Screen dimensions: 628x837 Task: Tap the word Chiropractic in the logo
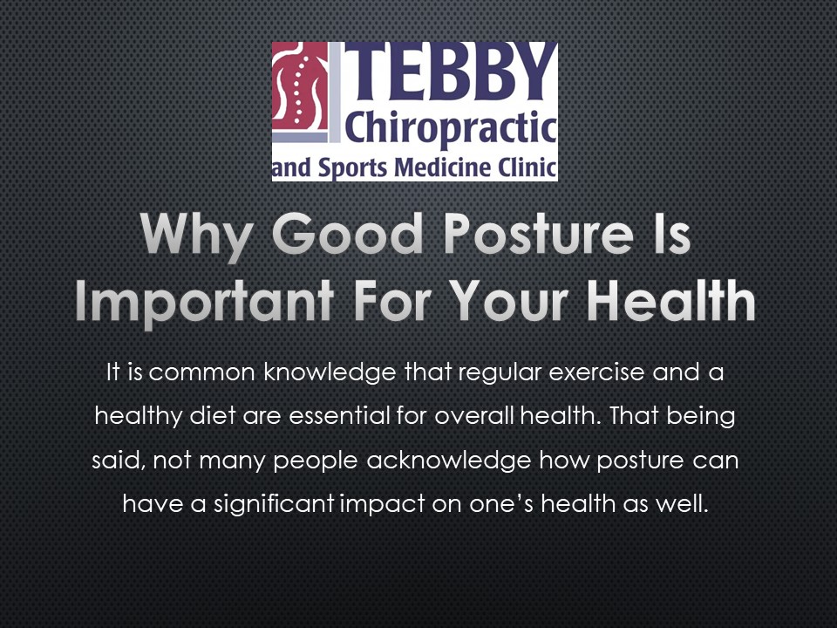pyautogui.click(x=450, y=130)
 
